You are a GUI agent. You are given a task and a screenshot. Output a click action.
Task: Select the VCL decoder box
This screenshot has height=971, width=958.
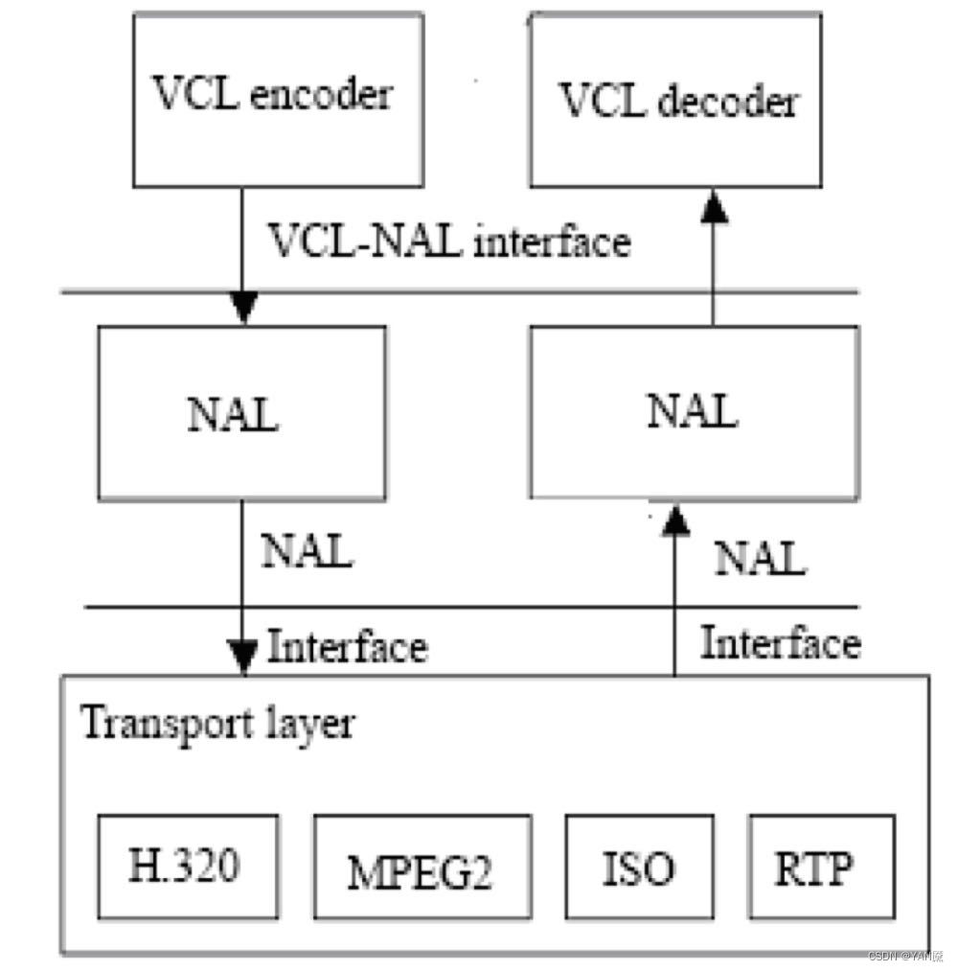click(677, 99)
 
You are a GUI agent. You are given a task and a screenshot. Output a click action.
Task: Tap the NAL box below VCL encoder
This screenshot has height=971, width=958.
click(242, 414)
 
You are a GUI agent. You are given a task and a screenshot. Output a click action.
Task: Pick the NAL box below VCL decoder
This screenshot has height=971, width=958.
click(693, 412)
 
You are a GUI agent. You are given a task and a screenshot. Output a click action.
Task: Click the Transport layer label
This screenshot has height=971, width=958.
click(217, 723)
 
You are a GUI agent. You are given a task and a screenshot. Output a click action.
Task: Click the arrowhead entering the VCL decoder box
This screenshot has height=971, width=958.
click(711, 203)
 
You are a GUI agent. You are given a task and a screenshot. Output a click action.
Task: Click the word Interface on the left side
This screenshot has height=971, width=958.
click(348, 647)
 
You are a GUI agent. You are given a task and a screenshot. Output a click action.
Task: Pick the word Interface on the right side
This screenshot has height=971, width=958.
click(780, 643)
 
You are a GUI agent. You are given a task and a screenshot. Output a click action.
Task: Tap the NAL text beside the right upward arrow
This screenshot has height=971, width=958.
click(761, 558)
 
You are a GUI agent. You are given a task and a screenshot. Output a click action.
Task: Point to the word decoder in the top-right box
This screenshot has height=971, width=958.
click(727, 101)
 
